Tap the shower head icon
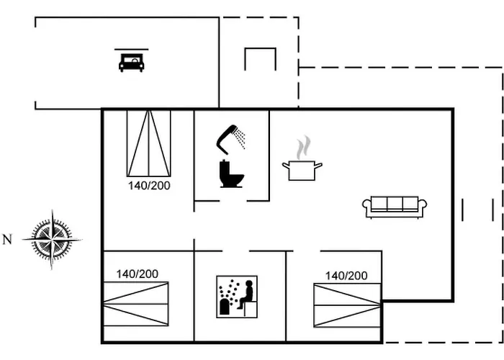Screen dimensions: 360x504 coord(228,135)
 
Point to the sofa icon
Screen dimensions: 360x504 coord(395,206)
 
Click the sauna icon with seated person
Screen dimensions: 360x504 coord(237,297)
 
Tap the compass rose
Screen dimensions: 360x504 coord(52,238)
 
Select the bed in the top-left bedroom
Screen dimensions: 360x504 coord(148,143)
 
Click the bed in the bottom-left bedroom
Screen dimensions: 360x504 coord(135,305)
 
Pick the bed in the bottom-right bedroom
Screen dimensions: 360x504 coord(346,305)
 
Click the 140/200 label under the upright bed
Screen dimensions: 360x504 coord(149,185)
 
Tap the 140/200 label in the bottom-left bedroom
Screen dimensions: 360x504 coord(137,274)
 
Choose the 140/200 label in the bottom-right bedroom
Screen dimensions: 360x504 coord(346,275)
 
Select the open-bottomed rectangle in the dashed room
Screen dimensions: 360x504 coord(260,59)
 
